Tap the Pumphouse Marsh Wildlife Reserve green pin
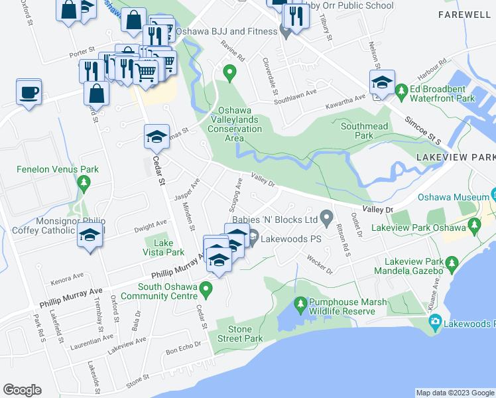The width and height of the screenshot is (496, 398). pos(300,304)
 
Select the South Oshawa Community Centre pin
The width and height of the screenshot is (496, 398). pos(206,289)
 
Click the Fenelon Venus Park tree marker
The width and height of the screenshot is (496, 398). pos(84,182)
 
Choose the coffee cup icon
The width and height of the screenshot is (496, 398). pos(29,93)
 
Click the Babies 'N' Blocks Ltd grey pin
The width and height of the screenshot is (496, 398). pos(326,217)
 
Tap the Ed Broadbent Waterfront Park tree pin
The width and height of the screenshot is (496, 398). pos(401,90)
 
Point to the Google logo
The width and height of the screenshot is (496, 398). pos(23,389)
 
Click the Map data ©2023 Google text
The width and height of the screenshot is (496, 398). pos(454,393)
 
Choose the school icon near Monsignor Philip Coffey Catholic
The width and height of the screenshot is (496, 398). pos(89,236)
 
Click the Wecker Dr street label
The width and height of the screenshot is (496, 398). pos(320,266)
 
